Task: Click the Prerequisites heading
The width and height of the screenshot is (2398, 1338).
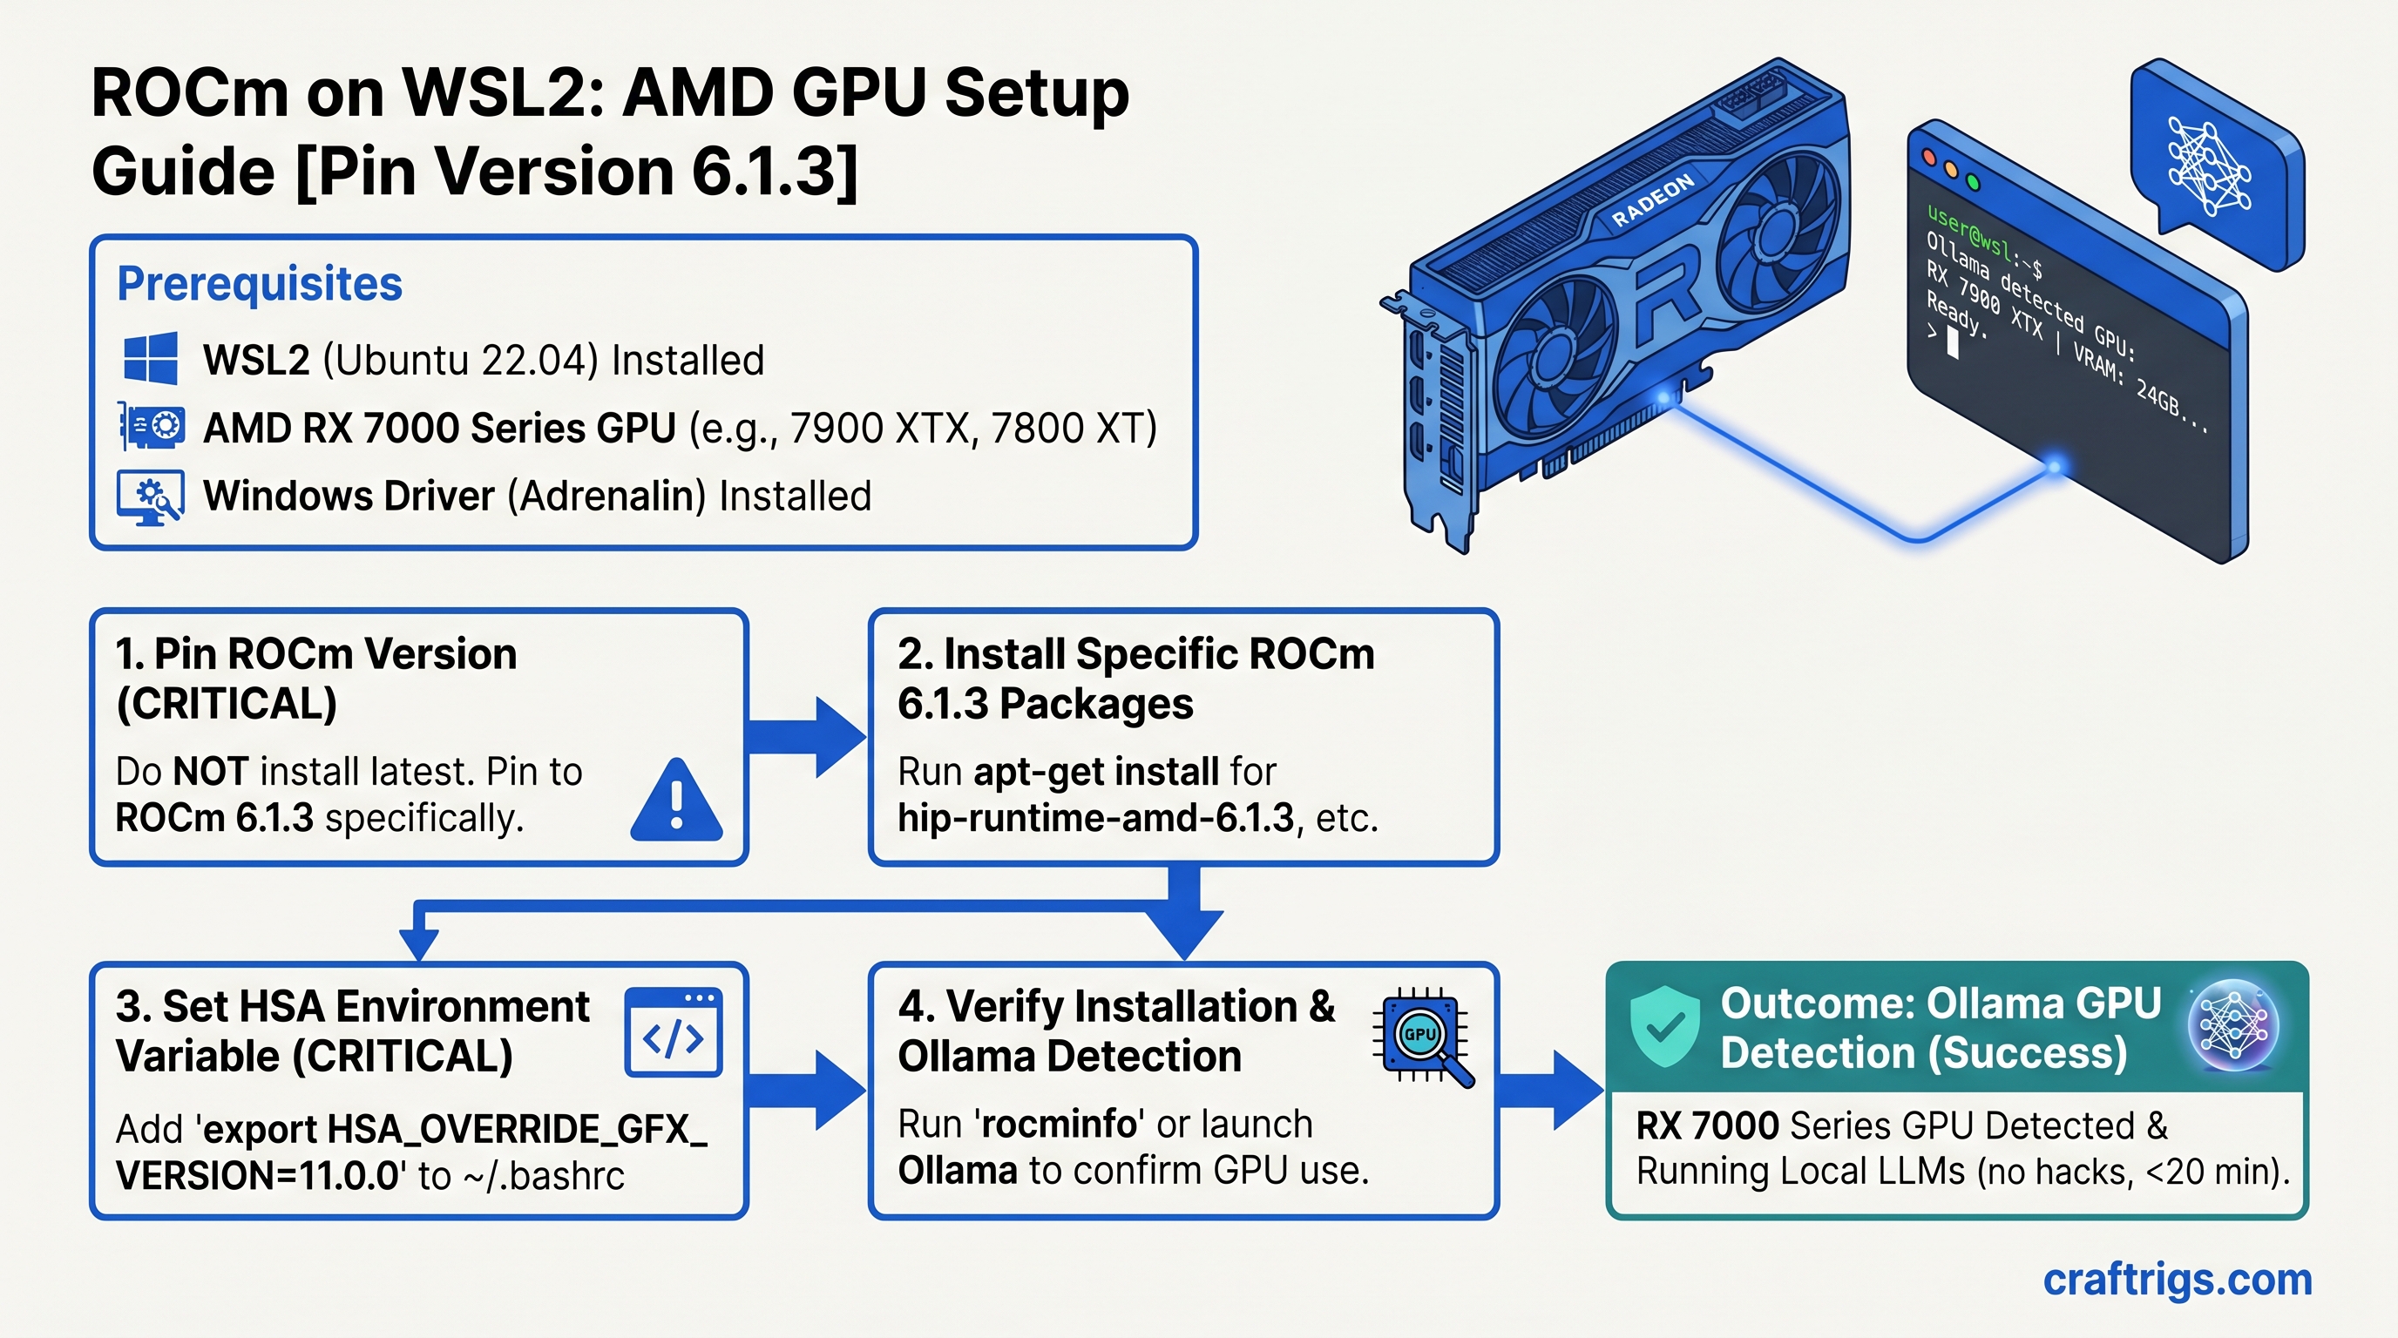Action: point(259,284)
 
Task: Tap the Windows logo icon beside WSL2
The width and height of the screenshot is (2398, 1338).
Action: point(151,358)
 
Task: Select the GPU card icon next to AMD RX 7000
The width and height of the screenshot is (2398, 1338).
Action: point(152,427)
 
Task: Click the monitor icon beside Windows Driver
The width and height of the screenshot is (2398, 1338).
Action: point(150,497)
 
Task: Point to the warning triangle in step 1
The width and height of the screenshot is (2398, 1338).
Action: point(676,802)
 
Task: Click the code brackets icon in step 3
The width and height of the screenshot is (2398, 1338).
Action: point(673,1033)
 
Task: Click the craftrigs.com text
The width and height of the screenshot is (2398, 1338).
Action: point(2177,1281)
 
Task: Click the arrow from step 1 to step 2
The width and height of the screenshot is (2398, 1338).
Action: point(806,737)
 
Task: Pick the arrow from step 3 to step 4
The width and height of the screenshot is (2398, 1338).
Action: point(806,1091)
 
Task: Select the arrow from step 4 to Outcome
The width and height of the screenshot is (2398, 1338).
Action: point(1550,1091)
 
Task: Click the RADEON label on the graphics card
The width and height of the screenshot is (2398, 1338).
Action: point(1652,201)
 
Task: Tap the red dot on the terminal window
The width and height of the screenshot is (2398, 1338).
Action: point(1927,159)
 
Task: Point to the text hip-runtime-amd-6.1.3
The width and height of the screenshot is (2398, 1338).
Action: point(1095,819)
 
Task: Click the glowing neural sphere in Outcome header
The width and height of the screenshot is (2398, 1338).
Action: point(2232,1026)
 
